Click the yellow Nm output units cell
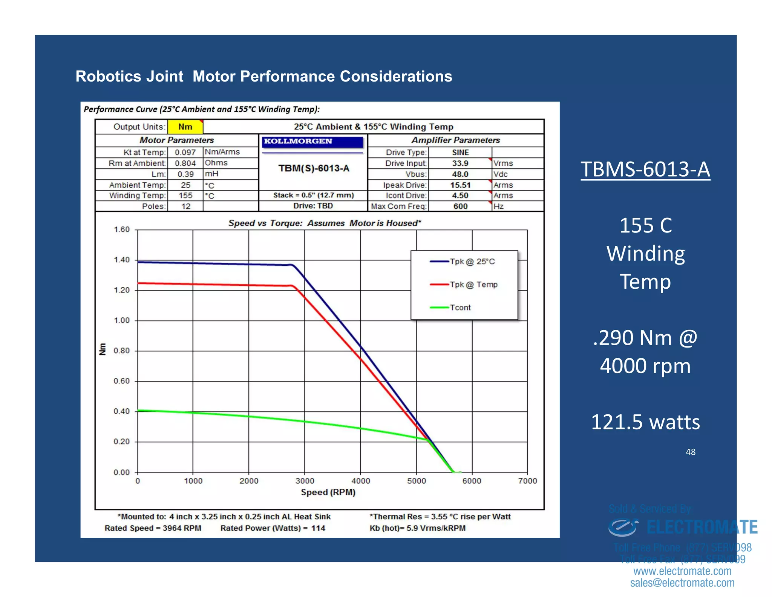coord(185,127)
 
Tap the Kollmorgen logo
coord(312,142)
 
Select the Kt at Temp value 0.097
coord(185,152)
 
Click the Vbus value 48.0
coord(460,174)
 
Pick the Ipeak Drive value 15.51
coord(460,185)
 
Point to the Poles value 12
coord(185,206)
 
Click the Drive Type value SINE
coord(460,152)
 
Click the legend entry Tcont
coord(460,308)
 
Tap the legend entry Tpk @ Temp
coord(473,285)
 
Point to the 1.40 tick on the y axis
coord(121,260)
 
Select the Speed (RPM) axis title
coord(328,492)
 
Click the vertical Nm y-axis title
coord(102,349)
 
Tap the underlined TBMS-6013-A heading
coord(645,169)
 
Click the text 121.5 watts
coord(645,422)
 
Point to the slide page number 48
coord(690,452)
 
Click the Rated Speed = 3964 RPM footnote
coord(153,528)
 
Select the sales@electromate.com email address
coord(682,583)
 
